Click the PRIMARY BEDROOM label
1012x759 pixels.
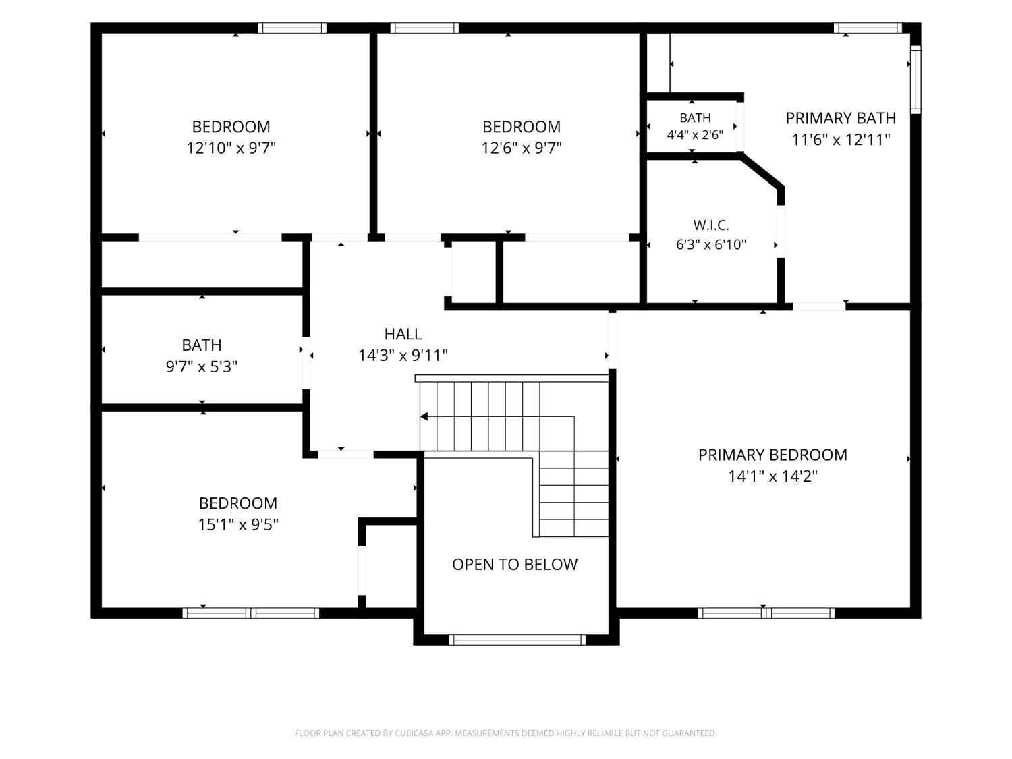pyautogui.click(x=772, y=455)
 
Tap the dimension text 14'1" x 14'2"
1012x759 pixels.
pyautogui.click(x=772, y=476)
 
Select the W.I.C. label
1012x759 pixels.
pyautogui.click(x=711, y=225)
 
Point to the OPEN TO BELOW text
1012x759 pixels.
pyautogui.click(x=515, y=564)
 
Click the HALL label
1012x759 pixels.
pyautogui.click(x=403, y=334)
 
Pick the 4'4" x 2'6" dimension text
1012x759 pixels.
pyautogui.click(x=695, y=135)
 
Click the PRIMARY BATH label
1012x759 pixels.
pyautogui.click(x=841, y=118)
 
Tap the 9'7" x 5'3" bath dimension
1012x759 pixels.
pyautogui.click(x=202, y=367)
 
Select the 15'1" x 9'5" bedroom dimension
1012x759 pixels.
pyautogui.click(x=238, y=524)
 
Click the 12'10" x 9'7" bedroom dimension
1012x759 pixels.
pyautogui.click(x=231, y=148)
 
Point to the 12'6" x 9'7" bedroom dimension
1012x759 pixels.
pyautogui.click(x=522, y=148)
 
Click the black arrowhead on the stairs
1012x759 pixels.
pyautogui.click(x=424, y=416)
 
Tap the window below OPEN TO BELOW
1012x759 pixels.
pyautogui.click(x=517, y=640)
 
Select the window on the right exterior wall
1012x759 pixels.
pyautogui.click(x=916, y=79)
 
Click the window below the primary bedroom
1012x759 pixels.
pyautogui.click(x=766, y=613)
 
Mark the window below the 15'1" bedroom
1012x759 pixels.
pyautogui.click(x=251, y=613)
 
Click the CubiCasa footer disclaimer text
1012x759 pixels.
pyautogui.click(x=506, y=733)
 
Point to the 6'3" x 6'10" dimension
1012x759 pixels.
pyautogui.click(x=711, y=244)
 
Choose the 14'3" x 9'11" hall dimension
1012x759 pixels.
pyautogui.click(x=403, y=356)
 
